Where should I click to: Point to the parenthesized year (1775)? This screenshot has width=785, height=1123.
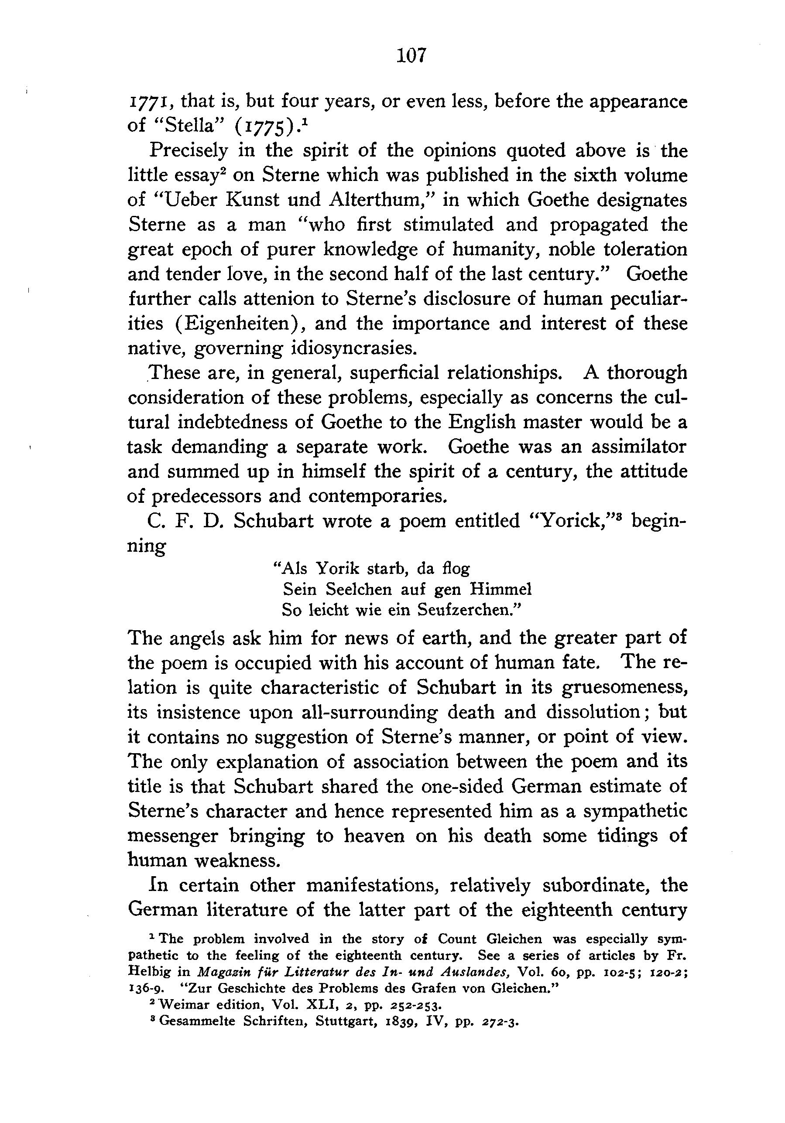[x=265, y=126]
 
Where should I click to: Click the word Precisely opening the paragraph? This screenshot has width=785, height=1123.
[x=189, y=150]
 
